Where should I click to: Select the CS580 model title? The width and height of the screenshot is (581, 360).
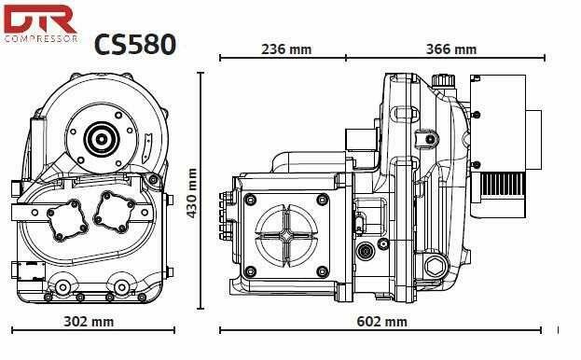[134, 45]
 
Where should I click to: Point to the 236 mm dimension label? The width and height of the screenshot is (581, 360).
[285, 48]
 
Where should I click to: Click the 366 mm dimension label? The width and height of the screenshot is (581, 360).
[450, 48]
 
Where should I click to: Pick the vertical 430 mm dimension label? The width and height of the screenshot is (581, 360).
[193, 193]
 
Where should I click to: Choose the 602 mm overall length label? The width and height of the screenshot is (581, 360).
[382, 322]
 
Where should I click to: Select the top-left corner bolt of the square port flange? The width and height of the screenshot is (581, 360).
[249, 199]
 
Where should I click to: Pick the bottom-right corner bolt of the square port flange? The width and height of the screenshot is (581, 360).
[324, 272]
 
